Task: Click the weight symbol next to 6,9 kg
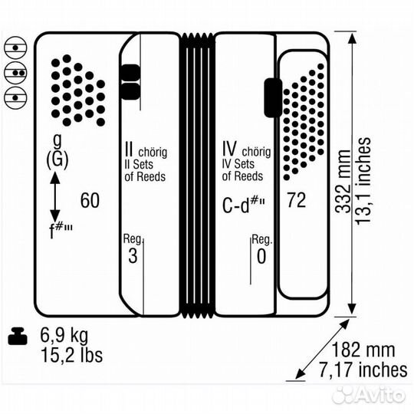pos(18,336)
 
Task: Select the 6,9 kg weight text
pos(64,335)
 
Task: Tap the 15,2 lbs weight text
pos(71,355)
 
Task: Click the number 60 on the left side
pos(90,200)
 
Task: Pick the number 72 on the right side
pos(297,200)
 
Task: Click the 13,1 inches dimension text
pos(363,181)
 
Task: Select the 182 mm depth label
pos(363,350)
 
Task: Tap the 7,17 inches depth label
pos(363,370)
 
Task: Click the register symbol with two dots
pos(16,73)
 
